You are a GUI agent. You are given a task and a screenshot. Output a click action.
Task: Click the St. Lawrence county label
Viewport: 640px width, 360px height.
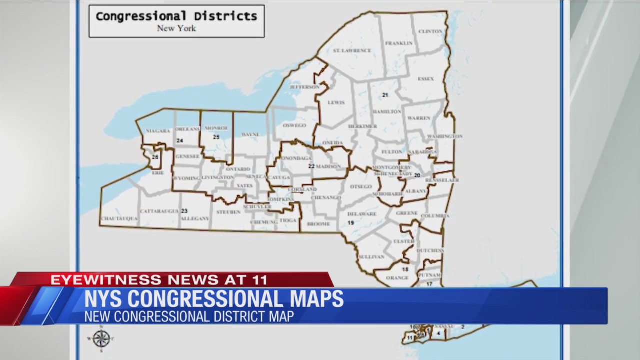tap(352, 51)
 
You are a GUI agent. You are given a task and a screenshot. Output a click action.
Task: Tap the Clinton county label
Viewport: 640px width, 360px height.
tap(430, 31)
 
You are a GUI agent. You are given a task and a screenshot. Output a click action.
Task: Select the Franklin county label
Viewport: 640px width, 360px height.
tap(399, 43)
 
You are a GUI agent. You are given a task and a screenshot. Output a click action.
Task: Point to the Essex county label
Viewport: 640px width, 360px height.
tap(426, 79)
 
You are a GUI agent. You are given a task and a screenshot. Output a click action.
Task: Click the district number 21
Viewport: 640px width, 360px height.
tap(385, 95)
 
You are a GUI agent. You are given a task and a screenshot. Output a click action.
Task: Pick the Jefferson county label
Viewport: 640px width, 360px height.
tap(304, 87)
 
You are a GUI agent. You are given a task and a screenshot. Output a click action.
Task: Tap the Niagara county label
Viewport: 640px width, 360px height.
tap(158, 131)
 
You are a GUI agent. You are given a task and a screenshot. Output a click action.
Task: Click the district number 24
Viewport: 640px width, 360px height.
tap(180, 141)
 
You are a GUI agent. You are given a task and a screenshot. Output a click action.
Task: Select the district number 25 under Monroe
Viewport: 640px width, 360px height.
tap(216, 137)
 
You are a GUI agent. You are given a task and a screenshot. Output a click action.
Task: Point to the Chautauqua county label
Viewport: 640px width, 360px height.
tap(119, 219)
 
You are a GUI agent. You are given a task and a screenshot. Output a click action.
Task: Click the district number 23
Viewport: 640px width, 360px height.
tap(184, 211)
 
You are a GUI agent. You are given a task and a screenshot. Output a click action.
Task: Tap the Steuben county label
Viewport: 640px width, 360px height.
tap(228, 212)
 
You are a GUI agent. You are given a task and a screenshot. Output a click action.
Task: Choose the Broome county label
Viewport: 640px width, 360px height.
tap(318, 224)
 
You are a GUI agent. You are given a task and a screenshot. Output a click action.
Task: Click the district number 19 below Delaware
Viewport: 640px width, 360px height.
tap(351, 223)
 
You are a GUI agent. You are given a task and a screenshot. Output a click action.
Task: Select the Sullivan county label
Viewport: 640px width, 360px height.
tap(371, 257)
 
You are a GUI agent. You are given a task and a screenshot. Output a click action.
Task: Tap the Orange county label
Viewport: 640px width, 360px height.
tap(397, 278)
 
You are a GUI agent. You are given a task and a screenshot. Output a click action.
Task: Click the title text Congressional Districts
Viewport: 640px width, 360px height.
tap(176, 16)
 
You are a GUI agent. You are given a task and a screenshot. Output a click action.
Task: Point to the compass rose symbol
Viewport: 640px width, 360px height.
tap(101, 339)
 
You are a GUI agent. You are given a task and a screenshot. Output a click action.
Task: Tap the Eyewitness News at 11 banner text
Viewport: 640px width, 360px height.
tap(159, 280)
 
